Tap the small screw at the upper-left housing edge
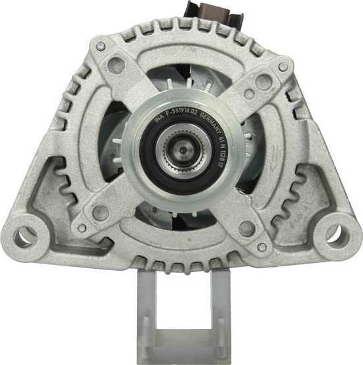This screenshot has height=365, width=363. coord(100,46)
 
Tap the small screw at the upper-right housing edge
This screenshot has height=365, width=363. coord(283,67)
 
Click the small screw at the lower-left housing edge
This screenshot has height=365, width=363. coord(81,228)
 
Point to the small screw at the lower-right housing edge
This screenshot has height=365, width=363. coord(262,247)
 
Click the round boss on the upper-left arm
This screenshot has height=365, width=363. coord(117,64)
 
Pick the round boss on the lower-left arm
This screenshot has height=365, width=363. coord(101,212)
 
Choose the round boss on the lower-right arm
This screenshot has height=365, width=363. coord(247,228)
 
